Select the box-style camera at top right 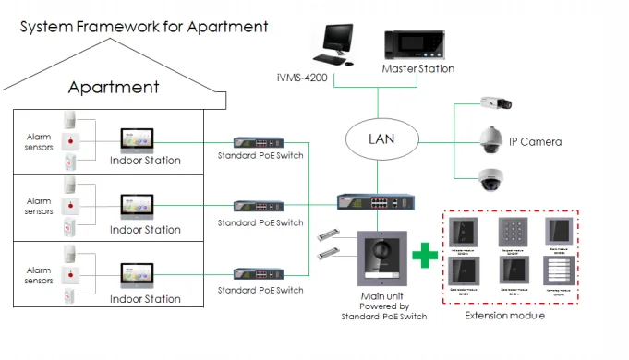[490, 103]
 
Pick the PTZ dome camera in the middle [490, 140]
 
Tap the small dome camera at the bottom [490, 179]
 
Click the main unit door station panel [380, 262]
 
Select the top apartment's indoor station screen [139, 138]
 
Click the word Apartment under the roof [115, 89]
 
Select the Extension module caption [506, 316]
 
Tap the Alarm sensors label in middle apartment [38, 206]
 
